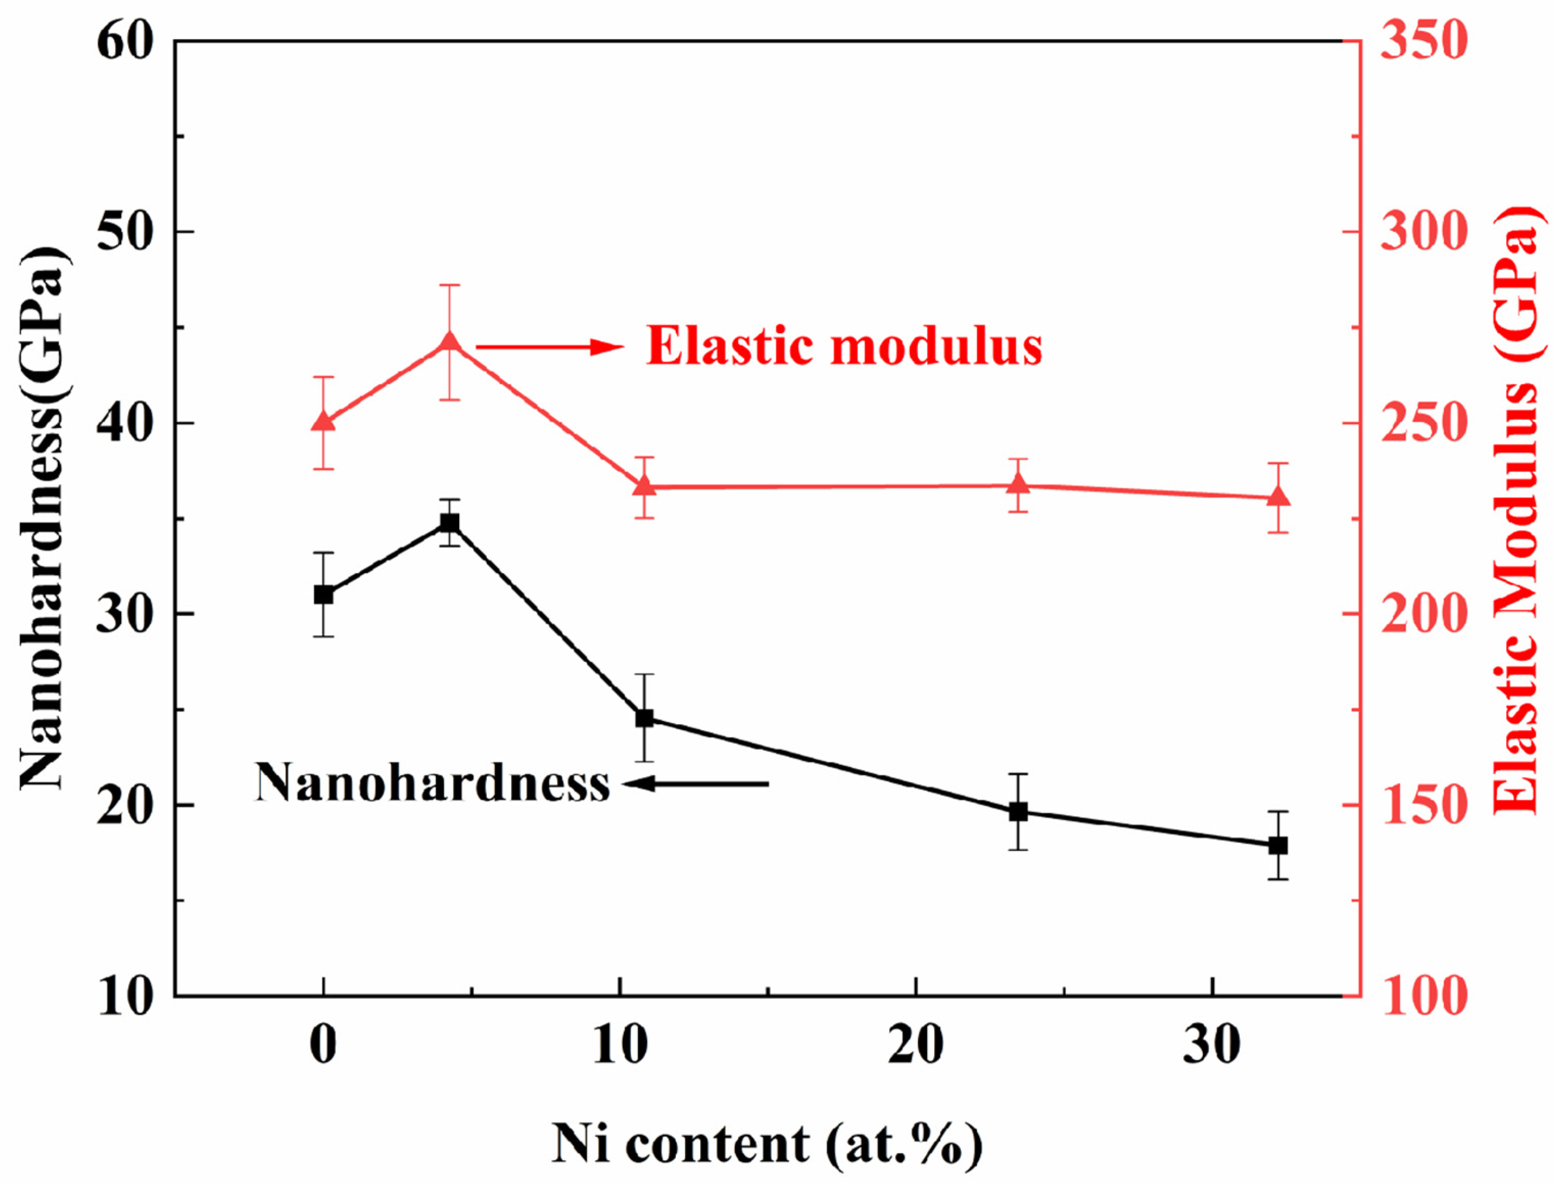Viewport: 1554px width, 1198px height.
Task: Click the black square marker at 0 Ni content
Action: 324,594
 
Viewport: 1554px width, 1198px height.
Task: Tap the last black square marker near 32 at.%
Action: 1279,845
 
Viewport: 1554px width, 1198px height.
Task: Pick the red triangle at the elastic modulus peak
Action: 449,343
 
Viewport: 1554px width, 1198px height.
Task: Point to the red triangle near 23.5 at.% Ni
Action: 1019,485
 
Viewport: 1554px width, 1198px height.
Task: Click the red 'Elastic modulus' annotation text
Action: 844,347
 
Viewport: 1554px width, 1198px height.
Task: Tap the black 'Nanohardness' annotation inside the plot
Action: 433,783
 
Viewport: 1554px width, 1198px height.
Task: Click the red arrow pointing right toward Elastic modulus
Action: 549,347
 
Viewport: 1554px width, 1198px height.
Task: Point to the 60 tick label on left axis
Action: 125,41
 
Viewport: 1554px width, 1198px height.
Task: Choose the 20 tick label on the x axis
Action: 916,1046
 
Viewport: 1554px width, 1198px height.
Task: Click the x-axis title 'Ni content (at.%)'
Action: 767,1144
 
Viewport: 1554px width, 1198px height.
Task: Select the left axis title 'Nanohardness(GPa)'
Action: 44,518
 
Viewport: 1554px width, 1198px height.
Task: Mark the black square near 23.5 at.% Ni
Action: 1019,811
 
